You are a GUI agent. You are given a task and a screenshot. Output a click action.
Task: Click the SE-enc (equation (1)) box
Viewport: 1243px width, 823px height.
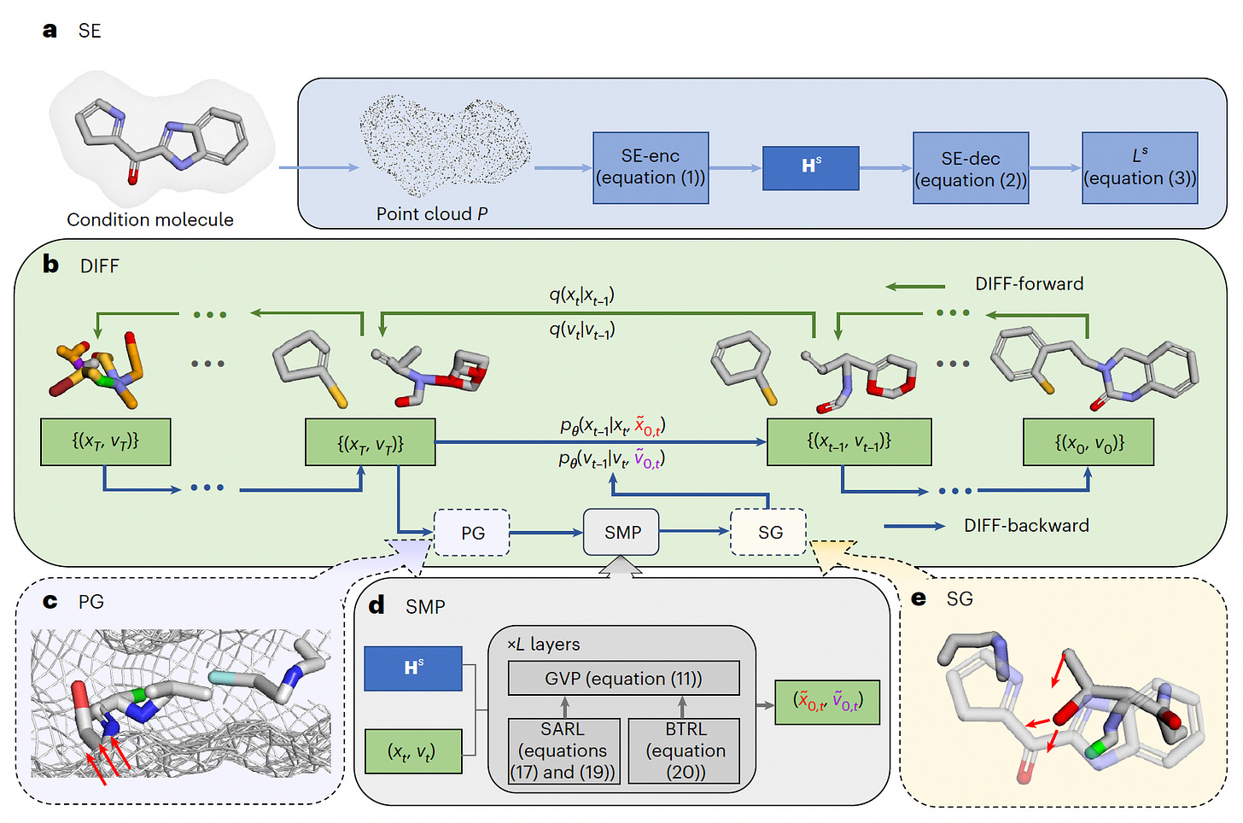coord(651,167)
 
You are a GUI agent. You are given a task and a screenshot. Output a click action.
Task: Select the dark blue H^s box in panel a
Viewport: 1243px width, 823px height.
coord(811,168)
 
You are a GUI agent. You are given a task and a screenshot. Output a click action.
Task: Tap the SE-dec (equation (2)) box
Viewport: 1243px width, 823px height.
coord(971,167)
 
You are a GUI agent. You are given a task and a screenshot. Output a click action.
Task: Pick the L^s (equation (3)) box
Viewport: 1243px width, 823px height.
coord(1140,167)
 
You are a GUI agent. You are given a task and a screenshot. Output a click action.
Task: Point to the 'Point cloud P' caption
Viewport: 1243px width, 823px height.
coord(432,213)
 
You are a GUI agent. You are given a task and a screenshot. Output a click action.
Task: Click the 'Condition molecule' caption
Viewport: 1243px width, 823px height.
coord(150,219)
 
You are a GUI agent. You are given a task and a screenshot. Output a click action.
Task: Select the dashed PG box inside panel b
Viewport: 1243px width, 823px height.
coord(471,532)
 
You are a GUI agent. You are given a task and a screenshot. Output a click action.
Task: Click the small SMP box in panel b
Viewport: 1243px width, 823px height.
coord(621,532)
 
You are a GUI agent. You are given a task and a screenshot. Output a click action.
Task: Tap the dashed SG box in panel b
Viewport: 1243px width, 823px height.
coord(768,532)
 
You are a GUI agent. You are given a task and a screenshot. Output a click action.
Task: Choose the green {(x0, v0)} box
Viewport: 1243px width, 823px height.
coord(1088,441)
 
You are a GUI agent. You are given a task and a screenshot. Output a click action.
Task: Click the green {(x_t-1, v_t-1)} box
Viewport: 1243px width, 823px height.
coord(849,441)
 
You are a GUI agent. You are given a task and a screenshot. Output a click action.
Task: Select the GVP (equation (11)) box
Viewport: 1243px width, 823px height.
coord(624,678)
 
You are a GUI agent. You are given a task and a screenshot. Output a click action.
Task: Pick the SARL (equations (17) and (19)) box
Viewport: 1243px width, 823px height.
coord(563,750)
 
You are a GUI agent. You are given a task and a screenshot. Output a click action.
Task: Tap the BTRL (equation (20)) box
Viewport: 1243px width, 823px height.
coord(684,750)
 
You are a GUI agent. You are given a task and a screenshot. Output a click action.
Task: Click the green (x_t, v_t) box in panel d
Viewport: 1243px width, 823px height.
coord(413,751)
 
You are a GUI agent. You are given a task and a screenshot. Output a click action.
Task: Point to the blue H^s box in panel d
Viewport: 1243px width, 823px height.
coord(413,668)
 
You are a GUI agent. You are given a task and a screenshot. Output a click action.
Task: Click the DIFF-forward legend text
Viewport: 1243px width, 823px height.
coord(1030,283)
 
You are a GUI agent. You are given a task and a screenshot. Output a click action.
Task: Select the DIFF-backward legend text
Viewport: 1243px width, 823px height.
coord(1026,525)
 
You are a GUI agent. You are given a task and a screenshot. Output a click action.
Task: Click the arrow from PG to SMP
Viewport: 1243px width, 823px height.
coord(546,533)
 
